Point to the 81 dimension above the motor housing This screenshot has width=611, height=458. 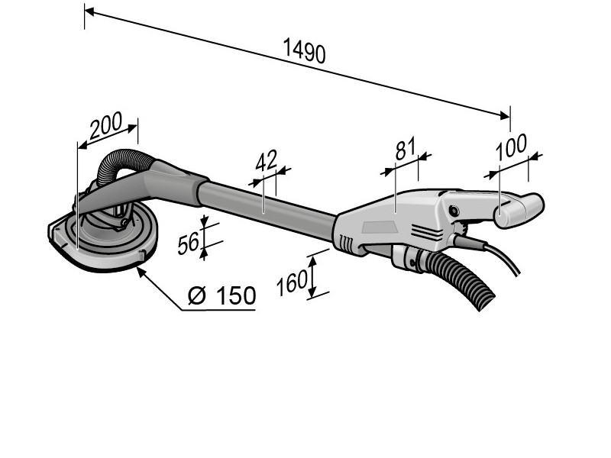pos(405,150)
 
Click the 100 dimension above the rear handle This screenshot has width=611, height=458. pos(512,149)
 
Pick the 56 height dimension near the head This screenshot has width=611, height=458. pos(189,244)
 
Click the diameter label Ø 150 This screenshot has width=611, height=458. pos(221,295)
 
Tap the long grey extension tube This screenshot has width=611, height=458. pos(267,204)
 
